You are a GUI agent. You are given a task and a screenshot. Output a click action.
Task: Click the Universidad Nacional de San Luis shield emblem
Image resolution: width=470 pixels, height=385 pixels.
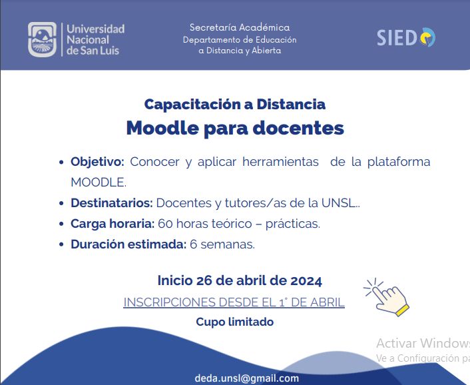(x=42, y=39)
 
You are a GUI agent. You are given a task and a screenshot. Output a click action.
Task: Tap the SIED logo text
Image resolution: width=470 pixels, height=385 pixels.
(x=397, y=38)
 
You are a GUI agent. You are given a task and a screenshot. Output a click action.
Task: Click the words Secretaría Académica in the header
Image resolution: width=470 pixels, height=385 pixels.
(x=240, y=27)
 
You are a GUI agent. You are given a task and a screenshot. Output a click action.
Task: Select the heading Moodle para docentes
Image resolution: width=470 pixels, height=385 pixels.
(x=235, y=129)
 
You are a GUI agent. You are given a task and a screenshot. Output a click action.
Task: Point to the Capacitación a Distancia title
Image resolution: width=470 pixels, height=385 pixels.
(x=235, y=105)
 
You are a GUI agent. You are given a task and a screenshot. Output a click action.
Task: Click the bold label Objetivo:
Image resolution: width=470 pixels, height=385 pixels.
(x=97, y=162)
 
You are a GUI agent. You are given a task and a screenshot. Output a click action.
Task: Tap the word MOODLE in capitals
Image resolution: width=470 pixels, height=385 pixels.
(x=99, y=183)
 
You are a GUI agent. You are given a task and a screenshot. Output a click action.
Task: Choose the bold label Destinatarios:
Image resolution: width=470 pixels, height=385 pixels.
(x=112, y=203)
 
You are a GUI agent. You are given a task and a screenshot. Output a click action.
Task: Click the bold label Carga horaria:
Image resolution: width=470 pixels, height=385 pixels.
(x=113, y=224)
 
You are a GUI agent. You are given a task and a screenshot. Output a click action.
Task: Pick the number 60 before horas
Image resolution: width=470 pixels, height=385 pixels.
(x=165, y=224)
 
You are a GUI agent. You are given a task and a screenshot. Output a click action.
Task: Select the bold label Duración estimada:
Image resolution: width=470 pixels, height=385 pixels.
(x=128, y=244)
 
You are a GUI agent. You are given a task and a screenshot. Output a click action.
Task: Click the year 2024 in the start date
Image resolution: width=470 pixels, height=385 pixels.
(x=306, y=281)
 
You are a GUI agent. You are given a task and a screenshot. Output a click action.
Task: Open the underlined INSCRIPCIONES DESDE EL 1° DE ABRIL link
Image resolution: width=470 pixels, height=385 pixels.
(x=234, y=302)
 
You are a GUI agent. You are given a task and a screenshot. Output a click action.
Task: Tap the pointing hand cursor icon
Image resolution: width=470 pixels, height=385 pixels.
(x=387, y=297)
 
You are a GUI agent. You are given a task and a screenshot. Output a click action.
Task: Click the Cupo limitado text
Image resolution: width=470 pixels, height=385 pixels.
(x=235, y=322)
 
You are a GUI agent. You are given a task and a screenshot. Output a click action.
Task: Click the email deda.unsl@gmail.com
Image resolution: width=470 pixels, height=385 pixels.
(x=247, y=378)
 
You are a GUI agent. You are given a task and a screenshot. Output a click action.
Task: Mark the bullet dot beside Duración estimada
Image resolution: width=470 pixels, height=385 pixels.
(x=61, y=244)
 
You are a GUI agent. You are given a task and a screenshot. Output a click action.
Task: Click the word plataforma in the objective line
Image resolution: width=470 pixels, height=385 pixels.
(x=399, y=162)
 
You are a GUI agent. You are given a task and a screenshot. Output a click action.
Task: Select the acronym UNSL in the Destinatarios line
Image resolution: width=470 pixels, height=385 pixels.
(x=338, y=203)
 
